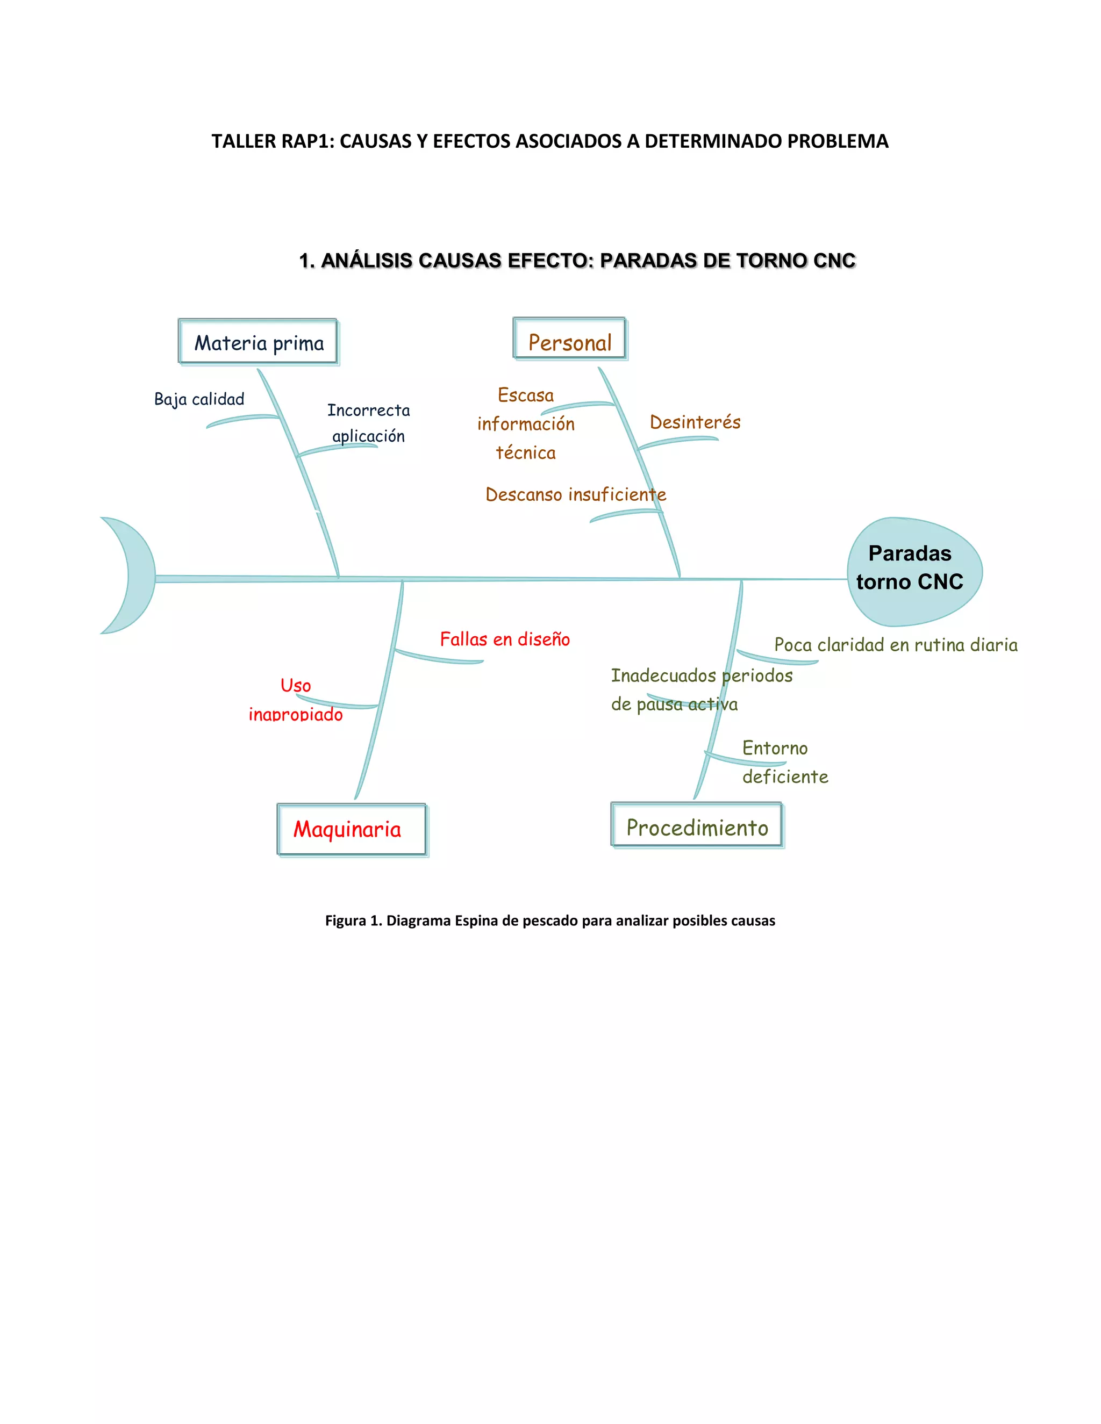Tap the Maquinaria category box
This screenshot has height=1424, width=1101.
[351, 829]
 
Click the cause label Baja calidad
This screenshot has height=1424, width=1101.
[199, 399]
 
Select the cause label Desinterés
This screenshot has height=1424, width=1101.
[695, 422]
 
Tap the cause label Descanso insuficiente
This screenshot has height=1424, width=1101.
[575, 494]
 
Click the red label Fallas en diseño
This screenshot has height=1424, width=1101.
[505, 639]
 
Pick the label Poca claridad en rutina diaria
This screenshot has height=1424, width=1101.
[895, 645]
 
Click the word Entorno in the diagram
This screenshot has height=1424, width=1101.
[774, 748]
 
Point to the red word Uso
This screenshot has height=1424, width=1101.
[296, 685]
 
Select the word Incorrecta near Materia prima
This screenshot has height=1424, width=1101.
[368, 410]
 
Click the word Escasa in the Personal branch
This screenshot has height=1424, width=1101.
[525, 395]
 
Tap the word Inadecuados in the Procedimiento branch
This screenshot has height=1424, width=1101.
[663, 675]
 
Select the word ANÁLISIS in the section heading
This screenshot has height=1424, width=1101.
[367, 261]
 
